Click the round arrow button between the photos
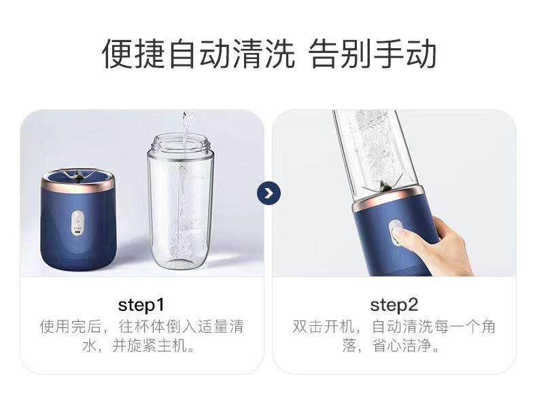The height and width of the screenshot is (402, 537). point(268,194)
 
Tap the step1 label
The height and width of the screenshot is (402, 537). point(141,304)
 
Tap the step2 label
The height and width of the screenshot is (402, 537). point(394,304)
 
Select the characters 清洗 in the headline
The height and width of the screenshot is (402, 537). point(266,55)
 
